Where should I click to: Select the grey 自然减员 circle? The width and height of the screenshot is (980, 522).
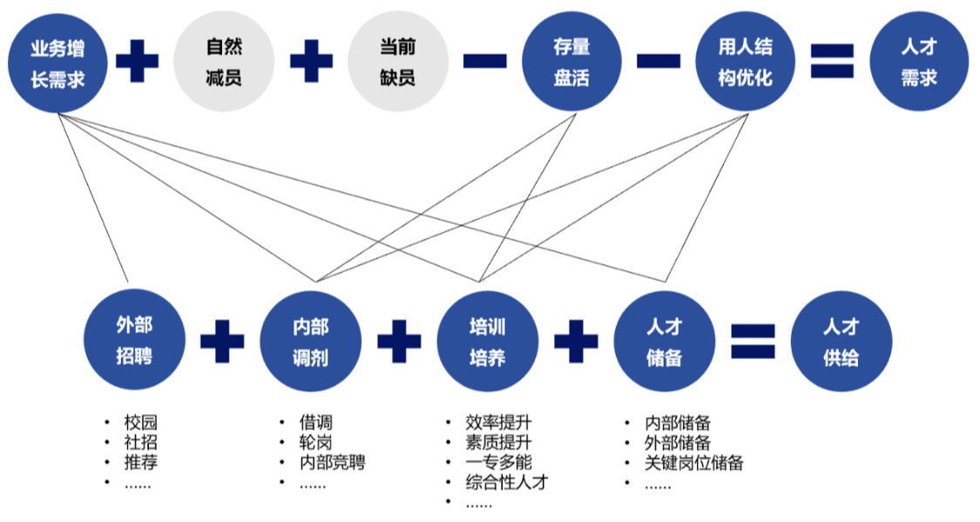tap(224, 61)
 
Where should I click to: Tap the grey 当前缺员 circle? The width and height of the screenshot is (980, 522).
tap(397, 61)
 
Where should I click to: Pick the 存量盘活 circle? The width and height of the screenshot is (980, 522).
tap(571, 61)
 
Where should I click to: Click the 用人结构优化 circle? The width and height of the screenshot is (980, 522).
tap(745, 61)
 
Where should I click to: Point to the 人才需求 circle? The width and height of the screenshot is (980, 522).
tap(918, 61)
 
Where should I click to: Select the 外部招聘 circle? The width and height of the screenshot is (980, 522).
tap(134, 342)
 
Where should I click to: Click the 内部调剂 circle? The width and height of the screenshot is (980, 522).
tap(311, 342)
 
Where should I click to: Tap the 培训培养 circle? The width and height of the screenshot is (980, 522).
tap(487, 342)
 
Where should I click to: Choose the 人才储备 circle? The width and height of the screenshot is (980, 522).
tap(664, 342)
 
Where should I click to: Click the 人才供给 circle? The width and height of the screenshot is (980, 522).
tap(841, 342)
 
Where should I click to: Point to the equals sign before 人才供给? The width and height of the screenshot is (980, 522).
tap(753, 342)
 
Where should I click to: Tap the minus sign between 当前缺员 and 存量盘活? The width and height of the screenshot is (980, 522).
tap(484, 61)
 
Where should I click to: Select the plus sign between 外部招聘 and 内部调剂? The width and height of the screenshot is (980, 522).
tap(222, 342)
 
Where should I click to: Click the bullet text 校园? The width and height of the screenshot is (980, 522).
tap(141, 424)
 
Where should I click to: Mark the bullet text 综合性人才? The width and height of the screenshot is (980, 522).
tap(507, 482)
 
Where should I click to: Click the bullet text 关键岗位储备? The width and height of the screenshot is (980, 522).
tap(694, 463)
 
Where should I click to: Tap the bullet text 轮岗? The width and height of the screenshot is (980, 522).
tap(315, 443)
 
